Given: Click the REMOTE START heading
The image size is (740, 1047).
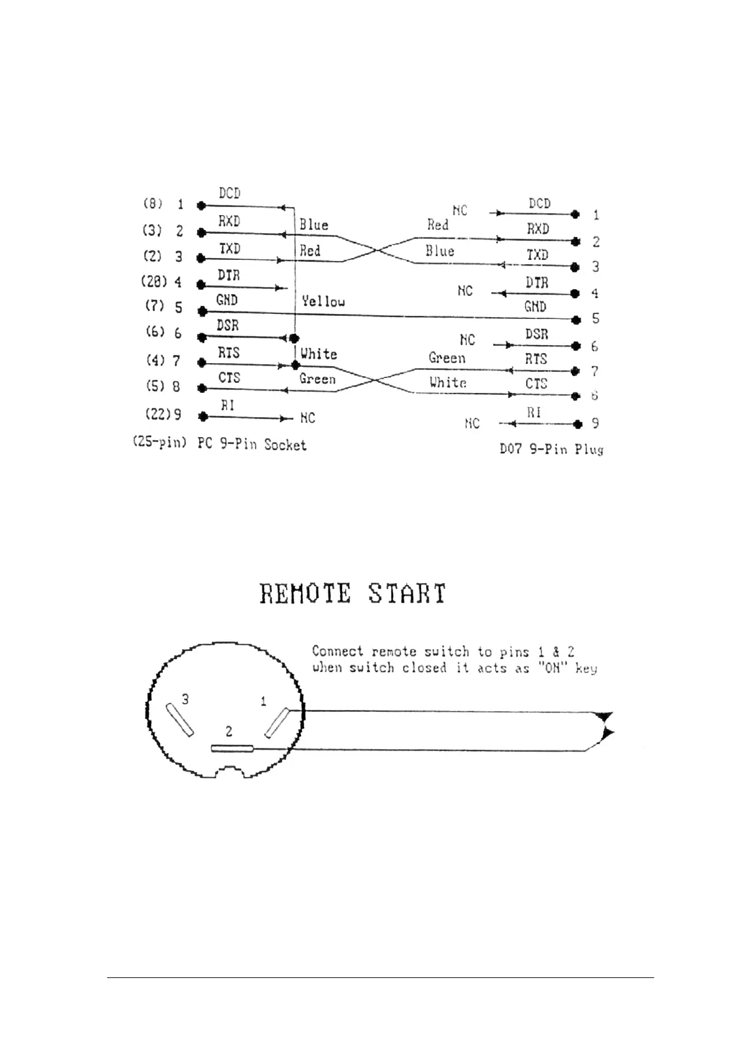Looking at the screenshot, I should coord(353,594).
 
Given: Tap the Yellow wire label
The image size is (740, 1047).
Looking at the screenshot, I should coord(323,302).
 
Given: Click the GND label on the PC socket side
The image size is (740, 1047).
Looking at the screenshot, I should coord(227,300).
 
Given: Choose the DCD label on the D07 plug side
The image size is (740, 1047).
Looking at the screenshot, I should coord(539,203).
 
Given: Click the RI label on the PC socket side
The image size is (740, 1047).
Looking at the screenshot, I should coord(228,405).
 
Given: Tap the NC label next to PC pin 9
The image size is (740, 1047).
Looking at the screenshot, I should coord(307,418).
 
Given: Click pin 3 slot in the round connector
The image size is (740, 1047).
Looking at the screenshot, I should coord(178,719).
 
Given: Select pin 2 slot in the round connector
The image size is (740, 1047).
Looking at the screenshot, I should coord(232,749).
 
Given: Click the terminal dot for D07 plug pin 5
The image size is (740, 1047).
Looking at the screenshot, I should coord(576,320).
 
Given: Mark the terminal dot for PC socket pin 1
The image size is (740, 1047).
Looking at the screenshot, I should coord(200,205).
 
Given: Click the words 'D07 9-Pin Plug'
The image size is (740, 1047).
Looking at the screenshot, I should coord(551,449).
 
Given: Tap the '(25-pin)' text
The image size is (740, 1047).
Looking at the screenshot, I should coord(159,444).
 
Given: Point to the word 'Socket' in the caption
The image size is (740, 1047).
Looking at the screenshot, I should coord(285,445).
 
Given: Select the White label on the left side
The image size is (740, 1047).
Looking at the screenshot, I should coord(318,354).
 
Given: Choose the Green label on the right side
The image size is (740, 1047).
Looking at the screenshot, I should coord(446,358).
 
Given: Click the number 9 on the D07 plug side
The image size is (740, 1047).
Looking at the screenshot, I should coord(595,423).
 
